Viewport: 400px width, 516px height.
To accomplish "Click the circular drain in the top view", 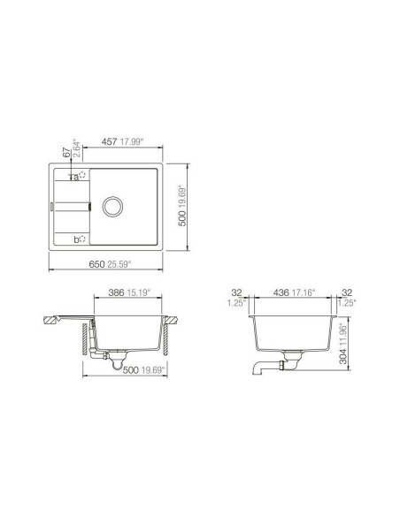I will (x=112, y=207).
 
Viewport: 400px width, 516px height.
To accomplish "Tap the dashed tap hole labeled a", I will (x=82, y=175).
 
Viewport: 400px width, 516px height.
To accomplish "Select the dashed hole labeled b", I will (x=82, y=239).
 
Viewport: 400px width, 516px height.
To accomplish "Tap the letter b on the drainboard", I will (x=75, y=239).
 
